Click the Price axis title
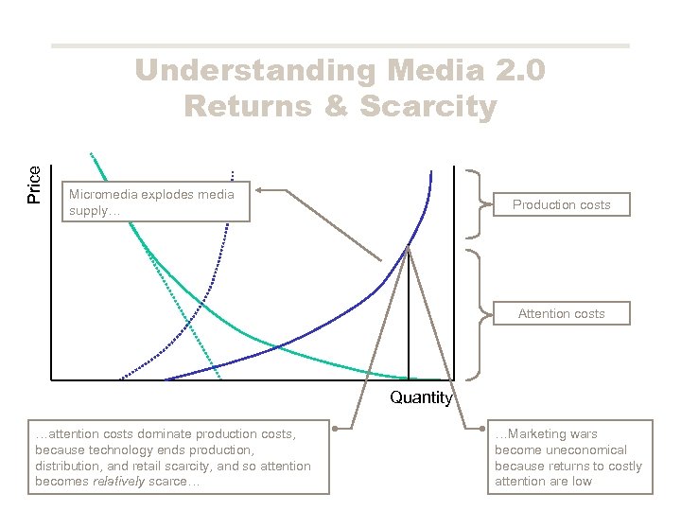pos(34,184)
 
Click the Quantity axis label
pos(421,397)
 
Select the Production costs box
pos(561,204)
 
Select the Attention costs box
pos(561,313)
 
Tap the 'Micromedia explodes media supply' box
pos(156,203)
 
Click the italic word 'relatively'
pos(118,482)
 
